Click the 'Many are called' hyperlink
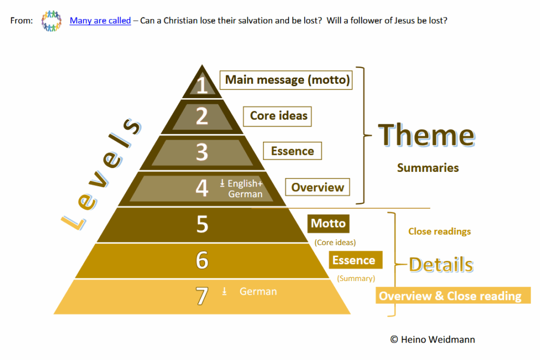(100, 21)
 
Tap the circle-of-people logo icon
(51, 21)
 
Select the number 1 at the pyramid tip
(202, 85)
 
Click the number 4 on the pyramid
(202, 188)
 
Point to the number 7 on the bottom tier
(202, 296)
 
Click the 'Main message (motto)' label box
(286, 80)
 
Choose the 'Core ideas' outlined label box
(277, 116)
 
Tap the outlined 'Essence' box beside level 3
(292, 151)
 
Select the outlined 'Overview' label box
(317, 187)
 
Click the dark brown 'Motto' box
(328, 223)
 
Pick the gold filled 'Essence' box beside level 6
(355, 260)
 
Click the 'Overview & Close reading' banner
(453, 296)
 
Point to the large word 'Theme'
(426, 135)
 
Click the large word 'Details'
(441, 265)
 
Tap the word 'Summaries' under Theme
(428, 168)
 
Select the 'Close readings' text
(439, 231)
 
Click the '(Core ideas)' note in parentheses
(335, 242)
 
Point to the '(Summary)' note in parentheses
(356, 278)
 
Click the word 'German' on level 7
(258, 291)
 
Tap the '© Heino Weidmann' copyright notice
(432, 339)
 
